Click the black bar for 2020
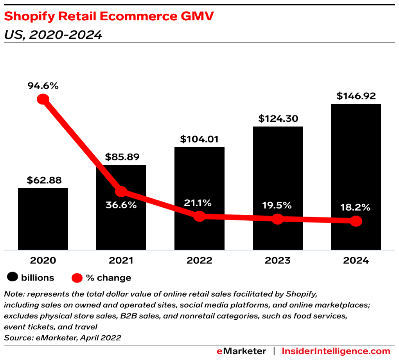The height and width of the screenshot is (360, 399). click(43, 219)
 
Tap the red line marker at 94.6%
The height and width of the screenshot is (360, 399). click(43, 99)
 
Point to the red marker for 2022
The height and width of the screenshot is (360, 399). click(199, 216)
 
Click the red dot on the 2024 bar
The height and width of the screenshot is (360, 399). click(356, 221)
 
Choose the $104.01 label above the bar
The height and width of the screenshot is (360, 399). click(199, 139)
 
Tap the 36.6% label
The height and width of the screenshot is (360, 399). click(121, 205)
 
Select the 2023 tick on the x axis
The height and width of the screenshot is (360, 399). click(277, 261)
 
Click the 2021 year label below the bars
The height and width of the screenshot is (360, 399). click(121, 261)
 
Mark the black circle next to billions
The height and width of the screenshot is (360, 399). click(13, 278)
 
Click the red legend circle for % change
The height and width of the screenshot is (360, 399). click(77, 278)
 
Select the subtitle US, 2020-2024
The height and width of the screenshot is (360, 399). click(53, 35)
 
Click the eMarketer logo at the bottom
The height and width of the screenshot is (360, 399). click(241, 351)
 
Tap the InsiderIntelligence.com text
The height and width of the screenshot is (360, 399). click(336, 351)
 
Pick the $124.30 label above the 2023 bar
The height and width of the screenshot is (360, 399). click(277, 119)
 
